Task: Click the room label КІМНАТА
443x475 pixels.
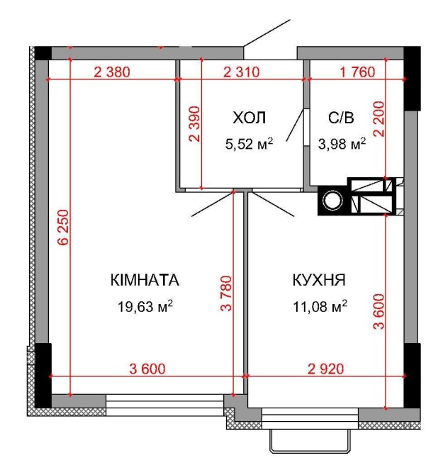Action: (x=145, y=280)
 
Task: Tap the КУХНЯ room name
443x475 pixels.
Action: (x=319, y=280)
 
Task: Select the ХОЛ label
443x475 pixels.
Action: (x=249, y=118)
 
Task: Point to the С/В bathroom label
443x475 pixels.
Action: (x=341, y=118)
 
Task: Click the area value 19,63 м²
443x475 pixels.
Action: (x=145, y=306)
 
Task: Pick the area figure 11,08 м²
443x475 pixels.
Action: (x=320, y=306)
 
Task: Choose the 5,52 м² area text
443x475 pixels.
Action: (x=249, y=144)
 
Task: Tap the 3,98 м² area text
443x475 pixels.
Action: (x=342, y=144)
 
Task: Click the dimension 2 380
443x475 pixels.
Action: (x=112, y=72)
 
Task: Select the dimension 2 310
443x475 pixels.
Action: (x=241, y=72)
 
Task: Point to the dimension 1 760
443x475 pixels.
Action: (x=357, y=72)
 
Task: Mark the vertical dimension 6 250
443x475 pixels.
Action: (x=65, y=227)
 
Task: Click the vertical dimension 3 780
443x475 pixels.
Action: (x=226, y=294)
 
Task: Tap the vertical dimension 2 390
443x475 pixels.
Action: (x=194, y=124)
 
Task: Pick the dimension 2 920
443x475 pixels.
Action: (x=326, y=369)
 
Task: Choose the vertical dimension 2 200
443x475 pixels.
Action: (x=378, y=119)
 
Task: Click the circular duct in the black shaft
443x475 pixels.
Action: (x=332, y=200)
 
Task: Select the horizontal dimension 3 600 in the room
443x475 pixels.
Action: (x=147, y=369)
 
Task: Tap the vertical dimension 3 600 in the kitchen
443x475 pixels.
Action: (x=378, y=311)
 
